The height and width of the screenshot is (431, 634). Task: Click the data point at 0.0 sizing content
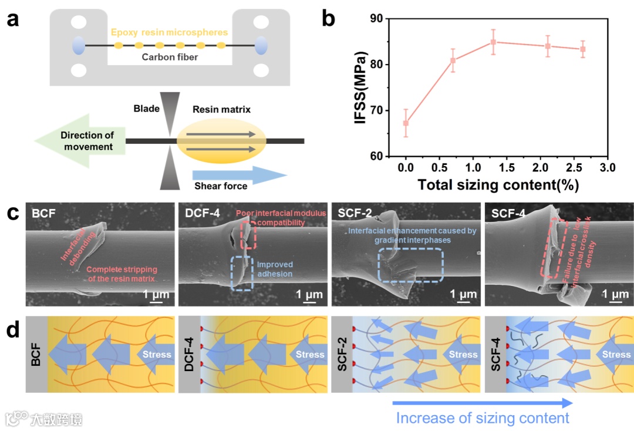[x=406, y=123]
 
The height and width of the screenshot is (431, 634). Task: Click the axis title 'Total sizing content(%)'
[x=498, y=185]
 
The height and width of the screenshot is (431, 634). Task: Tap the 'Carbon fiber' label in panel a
[x=170, y=57]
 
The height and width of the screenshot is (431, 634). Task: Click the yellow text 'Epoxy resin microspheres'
[x=170, y=32]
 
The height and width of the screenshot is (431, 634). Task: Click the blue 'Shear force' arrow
[x=240, y=175]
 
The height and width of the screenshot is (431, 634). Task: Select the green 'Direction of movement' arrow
[x=76, y=141]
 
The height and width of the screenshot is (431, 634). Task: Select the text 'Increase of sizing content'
[x=482, y=417]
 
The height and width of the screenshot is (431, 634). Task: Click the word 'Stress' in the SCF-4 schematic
[x=616, y=354]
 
